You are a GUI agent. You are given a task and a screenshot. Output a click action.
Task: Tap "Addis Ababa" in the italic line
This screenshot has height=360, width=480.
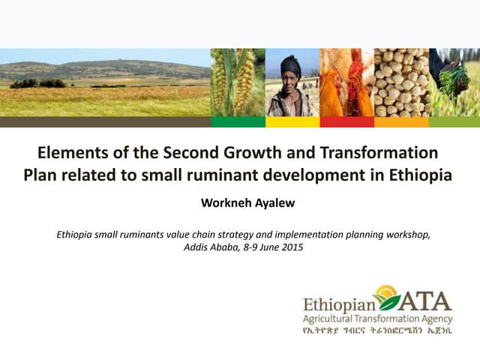[209, 247]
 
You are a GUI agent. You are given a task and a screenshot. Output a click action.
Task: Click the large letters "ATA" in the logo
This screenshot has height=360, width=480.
[425, 301]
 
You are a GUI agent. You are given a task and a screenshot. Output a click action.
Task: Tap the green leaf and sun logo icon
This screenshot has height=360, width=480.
[387, 297]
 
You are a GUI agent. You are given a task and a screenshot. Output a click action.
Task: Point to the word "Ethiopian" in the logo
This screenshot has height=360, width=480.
[337, 305]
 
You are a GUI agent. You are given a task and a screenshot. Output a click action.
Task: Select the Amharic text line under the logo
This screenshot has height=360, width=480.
[376, 330]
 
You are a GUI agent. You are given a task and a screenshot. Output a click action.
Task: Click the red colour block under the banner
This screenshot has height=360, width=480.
[346, 121]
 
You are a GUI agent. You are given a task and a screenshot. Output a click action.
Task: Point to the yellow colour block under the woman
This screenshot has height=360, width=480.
[292, 121]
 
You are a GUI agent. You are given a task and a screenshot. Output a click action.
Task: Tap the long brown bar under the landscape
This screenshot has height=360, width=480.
[105, 121]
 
